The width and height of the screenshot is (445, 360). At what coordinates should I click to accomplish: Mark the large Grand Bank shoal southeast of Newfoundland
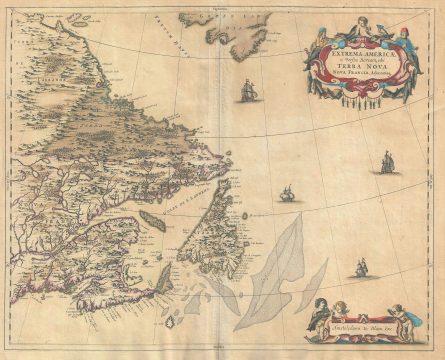pyautogui.click(x=266, y=270)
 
